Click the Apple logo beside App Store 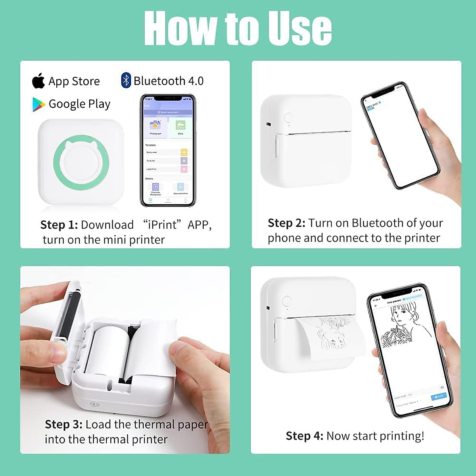coord(38,81)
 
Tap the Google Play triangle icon coord(38,104)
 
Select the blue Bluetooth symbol coord(126,81)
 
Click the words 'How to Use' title coord(238,29)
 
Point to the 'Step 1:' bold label coord(59,225)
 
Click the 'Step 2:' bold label coord(286,223)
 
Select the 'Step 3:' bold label coord(63,424)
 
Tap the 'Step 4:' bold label coord(304,436)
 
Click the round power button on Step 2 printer coord(288,118)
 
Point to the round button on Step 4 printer coord(286,301)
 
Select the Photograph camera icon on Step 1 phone coord(155,126)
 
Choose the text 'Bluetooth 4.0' coord(168,81)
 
